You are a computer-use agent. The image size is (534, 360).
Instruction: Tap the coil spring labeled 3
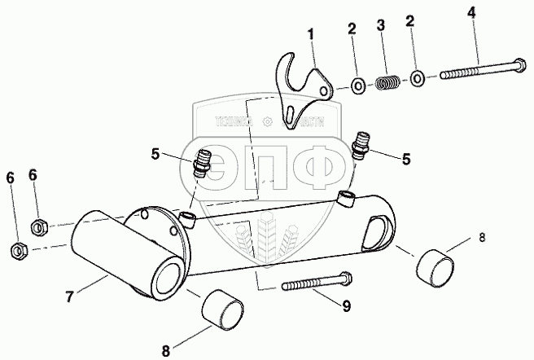(x=387, y=81)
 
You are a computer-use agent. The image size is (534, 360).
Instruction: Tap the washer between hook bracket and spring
(x=357, y=84)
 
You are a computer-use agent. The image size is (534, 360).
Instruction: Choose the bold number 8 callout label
(x=166, y=351)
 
